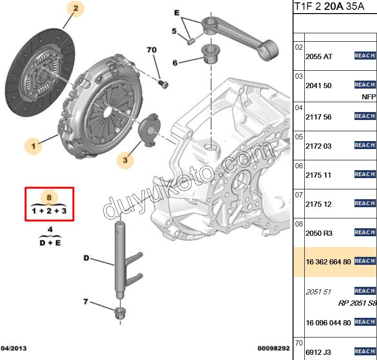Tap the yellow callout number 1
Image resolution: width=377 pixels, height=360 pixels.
33,147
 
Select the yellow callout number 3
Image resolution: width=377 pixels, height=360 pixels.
125,160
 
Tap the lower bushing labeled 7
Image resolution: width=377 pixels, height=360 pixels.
120,313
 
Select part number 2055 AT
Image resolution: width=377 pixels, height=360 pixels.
319,56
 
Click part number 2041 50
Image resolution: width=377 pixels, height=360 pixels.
318,86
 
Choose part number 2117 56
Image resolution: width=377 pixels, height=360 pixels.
318,117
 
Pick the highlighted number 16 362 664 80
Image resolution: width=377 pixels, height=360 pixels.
328,262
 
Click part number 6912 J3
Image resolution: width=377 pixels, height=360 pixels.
318,352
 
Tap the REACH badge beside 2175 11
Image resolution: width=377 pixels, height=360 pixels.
365,174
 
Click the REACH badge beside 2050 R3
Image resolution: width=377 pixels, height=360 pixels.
365,232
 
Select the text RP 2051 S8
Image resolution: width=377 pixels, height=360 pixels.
357,303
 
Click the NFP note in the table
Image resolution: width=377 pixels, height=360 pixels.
369,97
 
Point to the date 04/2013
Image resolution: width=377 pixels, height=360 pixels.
14,348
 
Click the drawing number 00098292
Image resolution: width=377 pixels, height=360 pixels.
273,348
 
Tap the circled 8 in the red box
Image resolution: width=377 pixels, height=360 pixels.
49,197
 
